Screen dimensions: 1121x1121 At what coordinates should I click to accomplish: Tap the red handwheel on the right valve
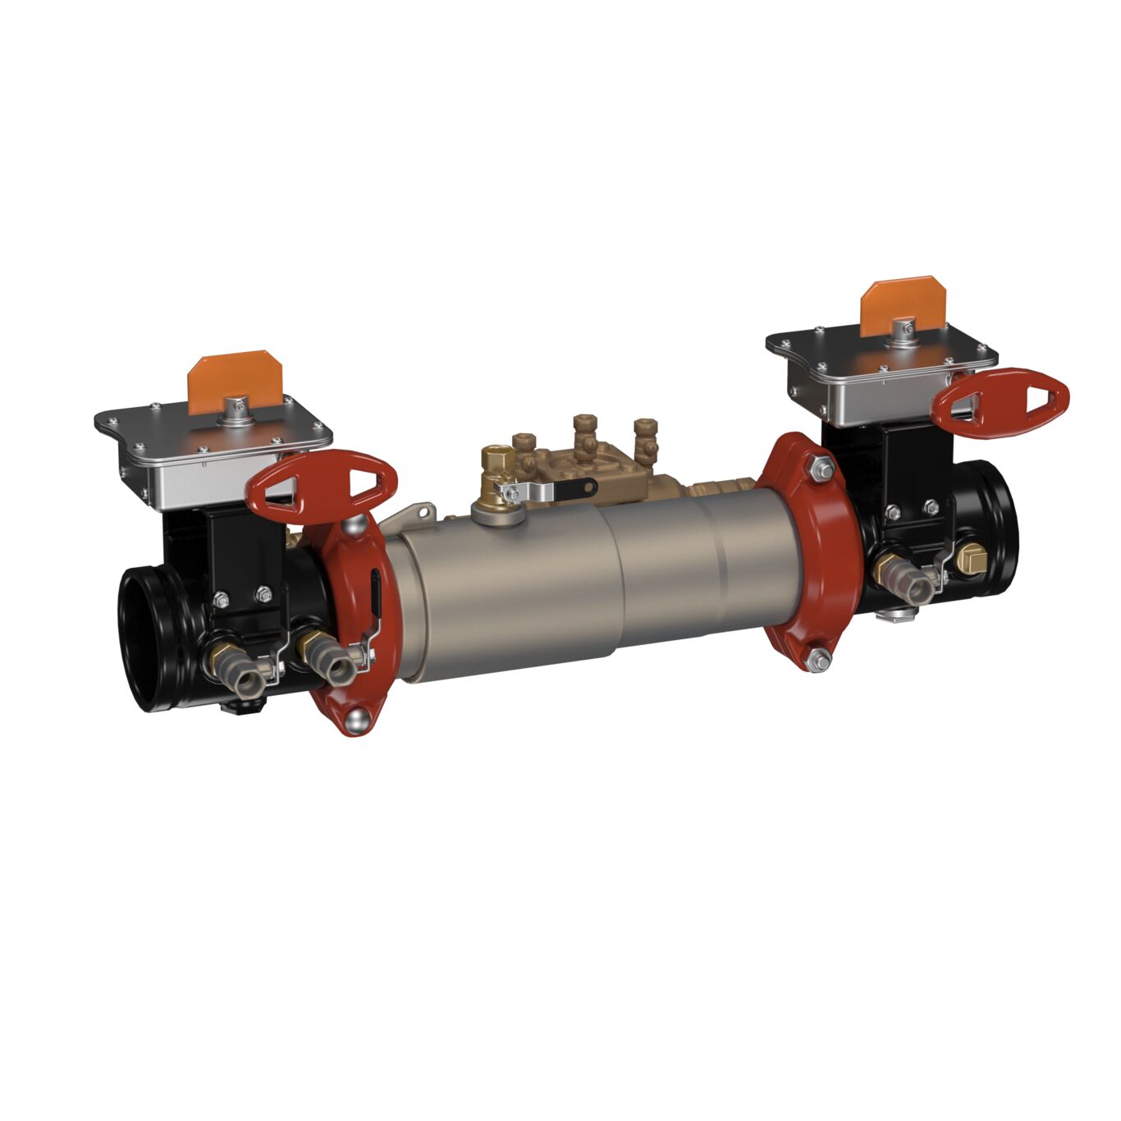coord(1003,398)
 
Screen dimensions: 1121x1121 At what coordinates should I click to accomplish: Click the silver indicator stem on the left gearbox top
coord(236,405)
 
